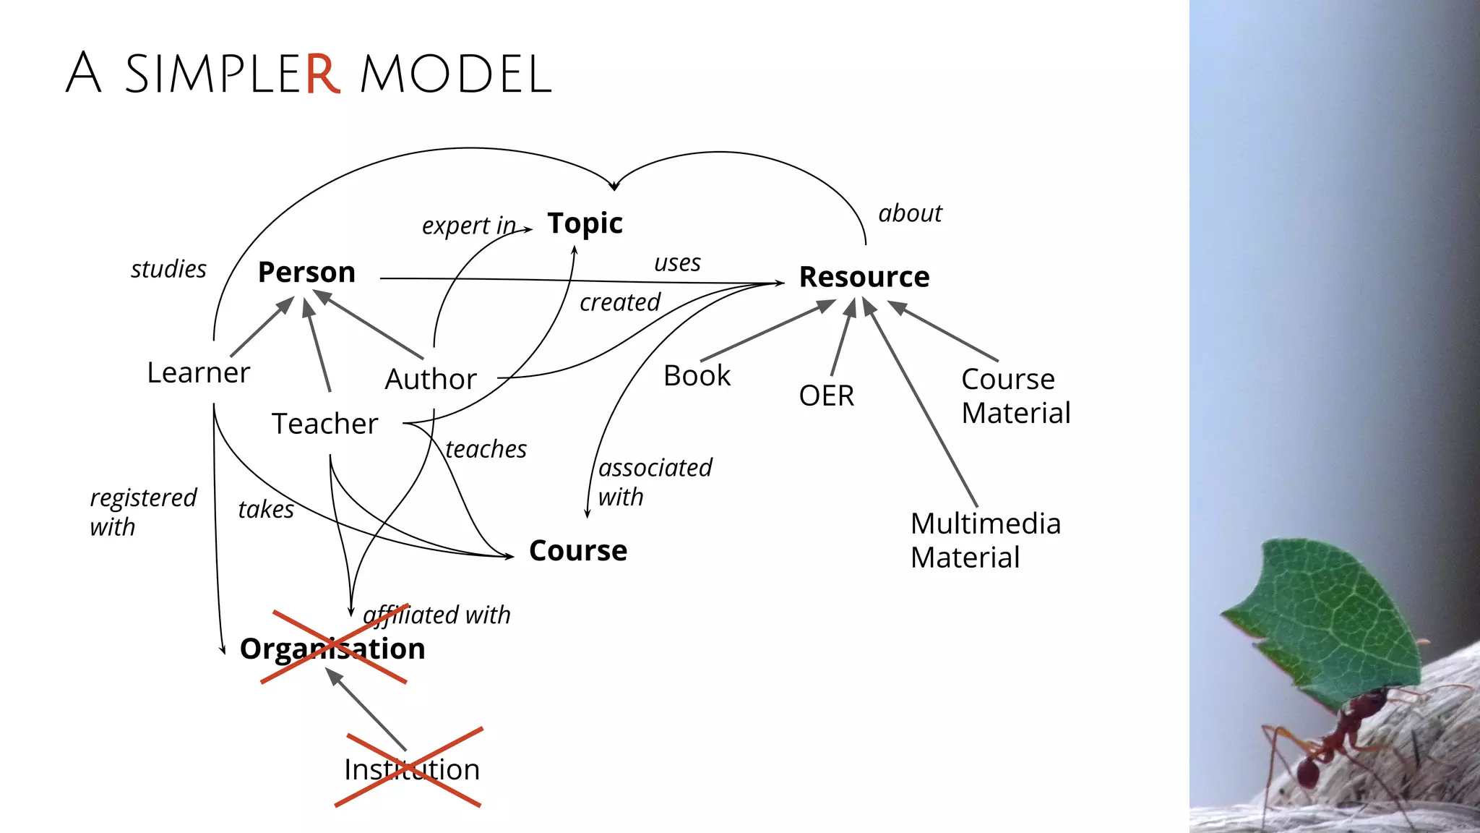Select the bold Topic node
(x=585, y=223)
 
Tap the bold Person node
(x=306, y=273)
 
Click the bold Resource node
(x=864, y=277)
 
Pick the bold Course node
(x=577, y=551)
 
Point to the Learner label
(x=198, y=373)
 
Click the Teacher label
(x=324, y=424)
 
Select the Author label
(x=431, y=380)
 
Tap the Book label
(x=697, y=376)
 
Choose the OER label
(x=826, y=396)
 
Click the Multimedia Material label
(x=985, y=540)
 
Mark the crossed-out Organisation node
(x=332, y=649)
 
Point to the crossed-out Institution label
(x=411, y=769)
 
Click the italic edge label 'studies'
(x=168, y=269)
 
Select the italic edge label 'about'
(x=910, y=214)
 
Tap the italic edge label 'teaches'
(x=486, y=450)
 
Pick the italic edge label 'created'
(x=620, y=302)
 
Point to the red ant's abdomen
(x=1307, y=772)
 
